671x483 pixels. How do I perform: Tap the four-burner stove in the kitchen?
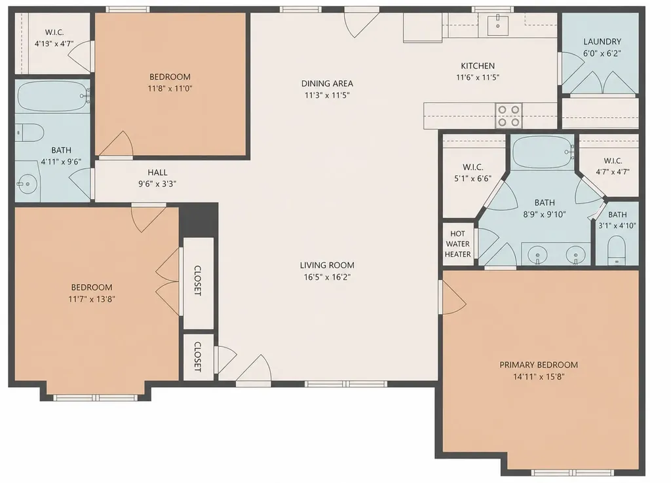[508, 115]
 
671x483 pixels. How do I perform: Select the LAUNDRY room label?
[602, 41]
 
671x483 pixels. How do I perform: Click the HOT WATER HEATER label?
[457, 243]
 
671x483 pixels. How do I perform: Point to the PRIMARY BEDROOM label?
[539, 365]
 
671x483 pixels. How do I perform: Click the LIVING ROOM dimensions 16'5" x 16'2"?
[327, 277]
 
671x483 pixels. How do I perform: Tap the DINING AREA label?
[327, 83]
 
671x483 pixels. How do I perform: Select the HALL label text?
[157, 172]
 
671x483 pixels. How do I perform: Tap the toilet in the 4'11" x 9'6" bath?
[30, 132]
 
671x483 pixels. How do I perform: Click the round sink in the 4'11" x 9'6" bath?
[27, 185]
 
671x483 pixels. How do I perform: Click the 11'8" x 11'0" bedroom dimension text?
[170, 89]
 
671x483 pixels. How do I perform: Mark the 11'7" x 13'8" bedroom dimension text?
[92, 299]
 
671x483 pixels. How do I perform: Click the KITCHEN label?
[478, 66]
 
